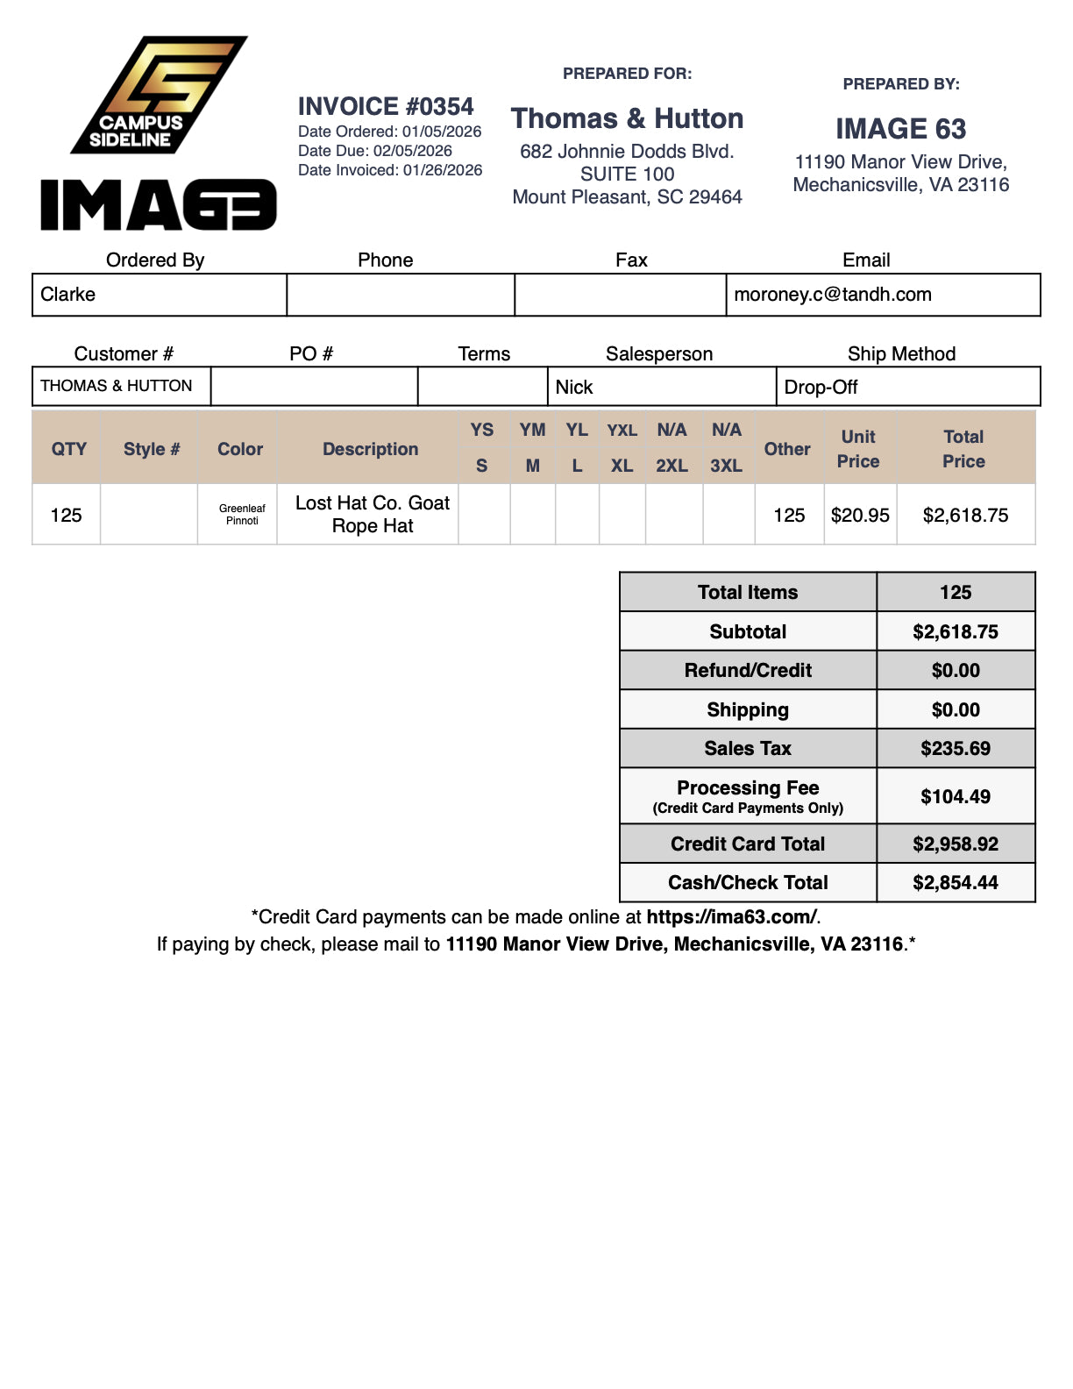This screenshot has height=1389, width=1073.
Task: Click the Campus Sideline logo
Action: coord(158,95)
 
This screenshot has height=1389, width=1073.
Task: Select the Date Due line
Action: coord(374,151)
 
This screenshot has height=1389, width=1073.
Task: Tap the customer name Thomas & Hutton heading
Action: coord(627,118)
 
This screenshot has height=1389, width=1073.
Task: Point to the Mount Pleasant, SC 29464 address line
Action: coord(627,197)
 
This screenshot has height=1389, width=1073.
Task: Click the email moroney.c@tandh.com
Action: coord(832,295)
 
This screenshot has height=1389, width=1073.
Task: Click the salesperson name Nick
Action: coord(574,388)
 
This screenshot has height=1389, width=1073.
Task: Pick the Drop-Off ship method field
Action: coord(821,388)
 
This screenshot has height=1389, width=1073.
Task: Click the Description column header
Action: coord(370,449)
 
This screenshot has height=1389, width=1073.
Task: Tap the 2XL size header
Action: coord(672,466)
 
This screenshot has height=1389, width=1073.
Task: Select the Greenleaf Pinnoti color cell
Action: coord(242,515)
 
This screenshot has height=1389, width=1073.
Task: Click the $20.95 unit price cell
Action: coord(860,516)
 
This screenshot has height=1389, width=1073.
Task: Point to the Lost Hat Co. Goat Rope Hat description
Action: coord(373,515)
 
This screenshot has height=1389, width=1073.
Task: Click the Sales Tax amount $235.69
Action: coord(955,749)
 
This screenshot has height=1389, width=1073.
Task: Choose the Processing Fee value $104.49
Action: coord(955,797)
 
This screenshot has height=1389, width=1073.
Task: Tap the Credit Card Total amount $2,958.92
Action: coord(955,844)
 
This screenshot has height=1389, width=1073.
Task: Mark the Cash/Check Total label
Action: coord(748,883)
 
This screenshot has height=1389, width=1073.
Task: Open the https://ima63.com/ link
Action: coord(731,917)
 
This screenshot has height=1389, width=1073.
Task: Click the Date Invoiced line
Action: coord(390,170)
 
